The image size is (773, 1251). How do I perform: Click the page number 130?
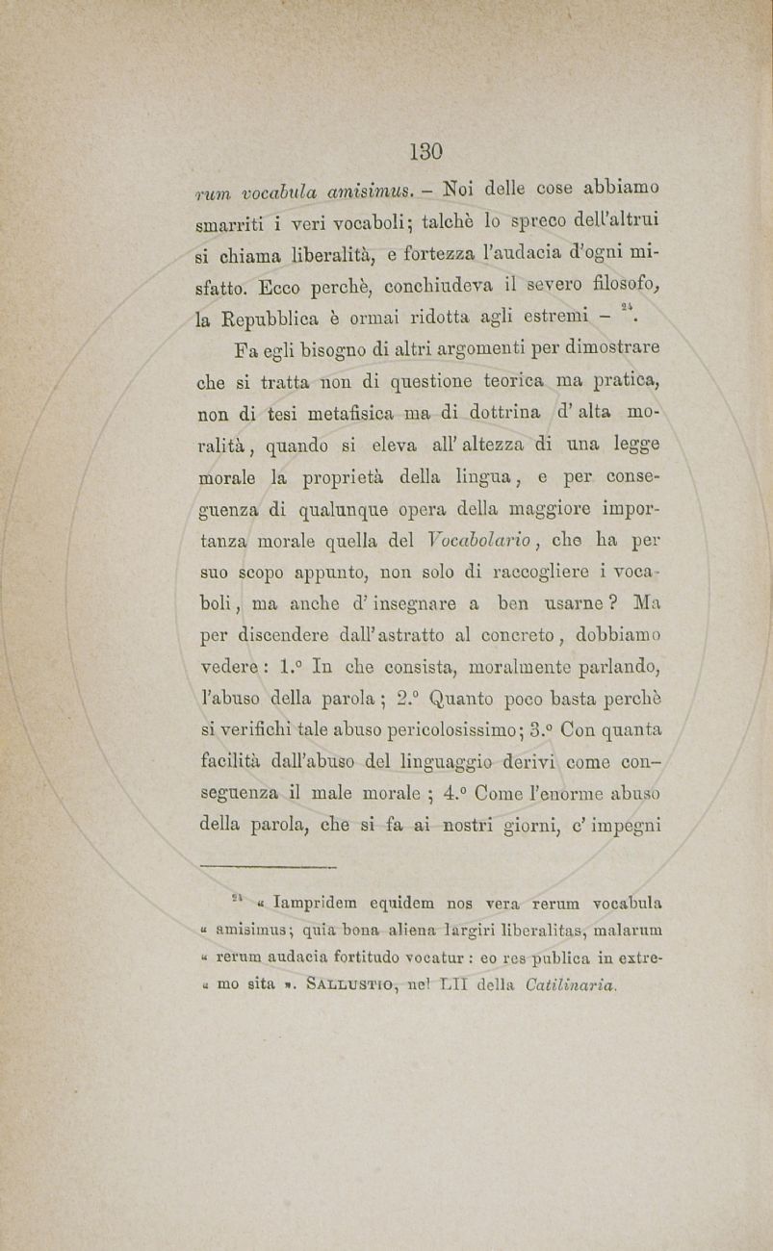(425, 151)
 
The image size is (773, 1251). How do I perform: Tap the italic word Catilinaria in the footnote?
(572, 984)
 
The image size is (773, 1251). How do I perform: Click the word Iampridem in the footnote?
(312, 904)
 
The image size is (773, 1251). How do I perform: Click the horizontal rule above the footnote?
(266, 867)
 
